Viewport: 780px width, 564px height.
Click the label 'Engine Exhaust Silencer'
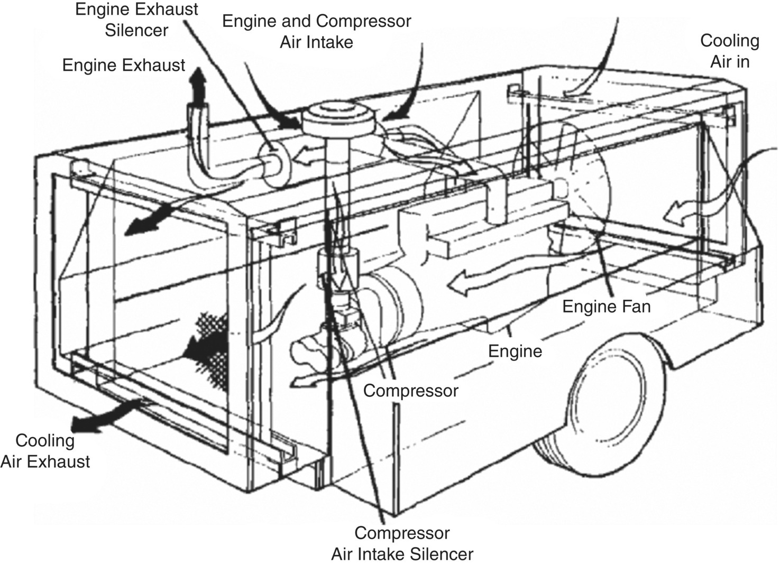(136, 20)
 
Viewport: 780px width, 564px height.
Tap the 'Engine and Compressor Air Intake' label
(316, 31)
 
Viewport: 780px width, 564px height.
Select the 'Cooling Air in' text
(729, 51)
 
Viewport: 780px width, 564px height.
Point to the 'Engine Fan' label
(606, 306)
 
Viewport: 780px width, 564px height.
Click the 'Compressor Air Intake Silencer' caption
(402, 543)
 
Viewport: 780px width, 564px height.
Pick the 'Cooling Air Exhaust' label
(45, 451)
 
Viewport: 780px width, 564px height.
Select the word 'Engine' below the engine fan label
(515, 351)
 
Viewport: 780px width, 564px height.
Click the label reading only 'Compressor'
(410, 391)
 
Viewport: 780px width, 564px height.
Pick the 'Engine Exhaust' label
(124, 65)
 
